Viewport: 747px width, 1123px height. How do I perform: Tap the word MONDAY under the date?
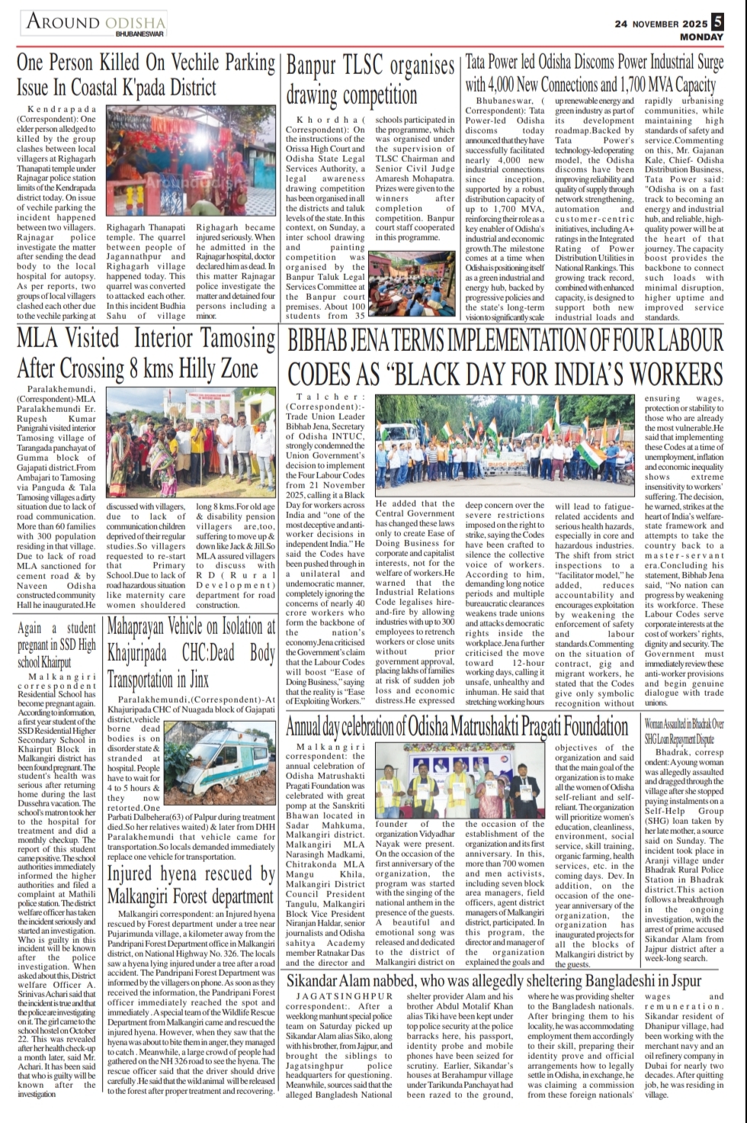[701, 37]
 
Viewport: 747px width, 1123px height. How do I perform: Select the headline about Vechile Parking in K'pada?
[145, 75]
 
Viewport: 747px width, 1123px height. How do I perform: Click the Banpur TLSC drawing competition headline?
[370, 79]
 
